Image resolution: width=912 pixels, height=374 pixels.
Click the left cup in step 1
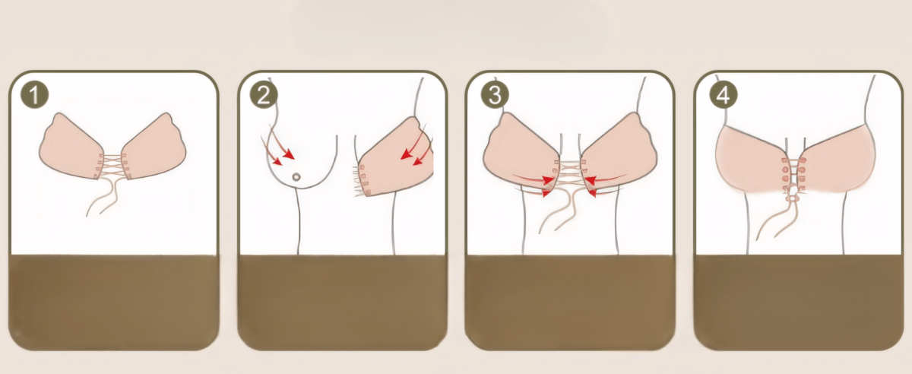pos(69,147)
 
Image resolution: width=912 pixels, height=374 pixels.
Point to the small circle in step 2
pos(296,177)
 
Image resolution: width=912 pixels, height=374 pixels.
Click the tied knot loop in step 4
pos(793,198)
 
